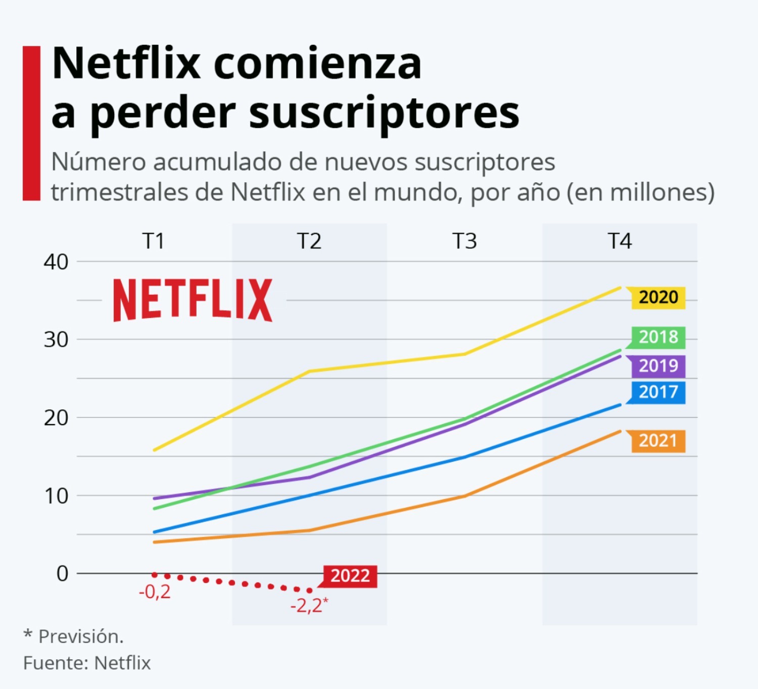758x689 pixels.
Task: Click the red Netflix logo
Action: click(193, 300)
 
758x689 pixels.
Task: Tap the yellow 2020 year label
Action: click(658, 297)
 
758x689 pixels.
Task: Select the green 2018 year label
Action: click(658, 337)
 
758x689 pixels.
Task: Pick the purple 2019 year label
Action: click(658, 366)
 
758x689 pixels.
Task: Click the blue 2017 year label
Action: click(658, 392)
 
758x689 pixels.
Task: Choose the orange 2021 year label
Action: click(658, 441)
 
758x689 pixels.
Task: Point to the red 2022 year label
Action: click(350, 576)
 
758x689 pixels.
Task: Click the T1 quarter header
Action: click(154, 241)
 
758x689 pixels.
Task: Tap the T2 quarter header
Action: click(309, 241)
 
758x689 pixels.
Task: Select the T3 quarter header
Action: click(464, 241)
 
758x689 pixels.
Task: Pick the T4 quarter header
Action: click(620, 241)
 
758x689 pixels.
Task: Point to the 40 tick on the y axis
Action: click(56, 262)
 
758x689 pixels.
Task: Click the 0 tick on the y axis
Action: click(62, 573)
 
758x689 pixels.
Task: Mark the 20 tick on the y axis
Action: click(56, 418)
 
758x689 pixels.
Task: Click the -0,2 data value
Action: click(155, 592)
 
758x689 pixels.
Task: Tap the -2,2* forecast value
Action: click(309, 605)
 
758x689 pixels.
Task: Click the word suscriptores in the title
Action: click(384, 114)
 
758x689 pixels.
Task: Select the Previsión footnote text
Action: click(81, 637)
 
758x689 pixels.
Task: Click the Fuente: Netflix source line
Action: click(87, 663)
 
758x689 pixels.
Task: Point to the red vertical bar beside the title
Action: click(31, 123)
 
